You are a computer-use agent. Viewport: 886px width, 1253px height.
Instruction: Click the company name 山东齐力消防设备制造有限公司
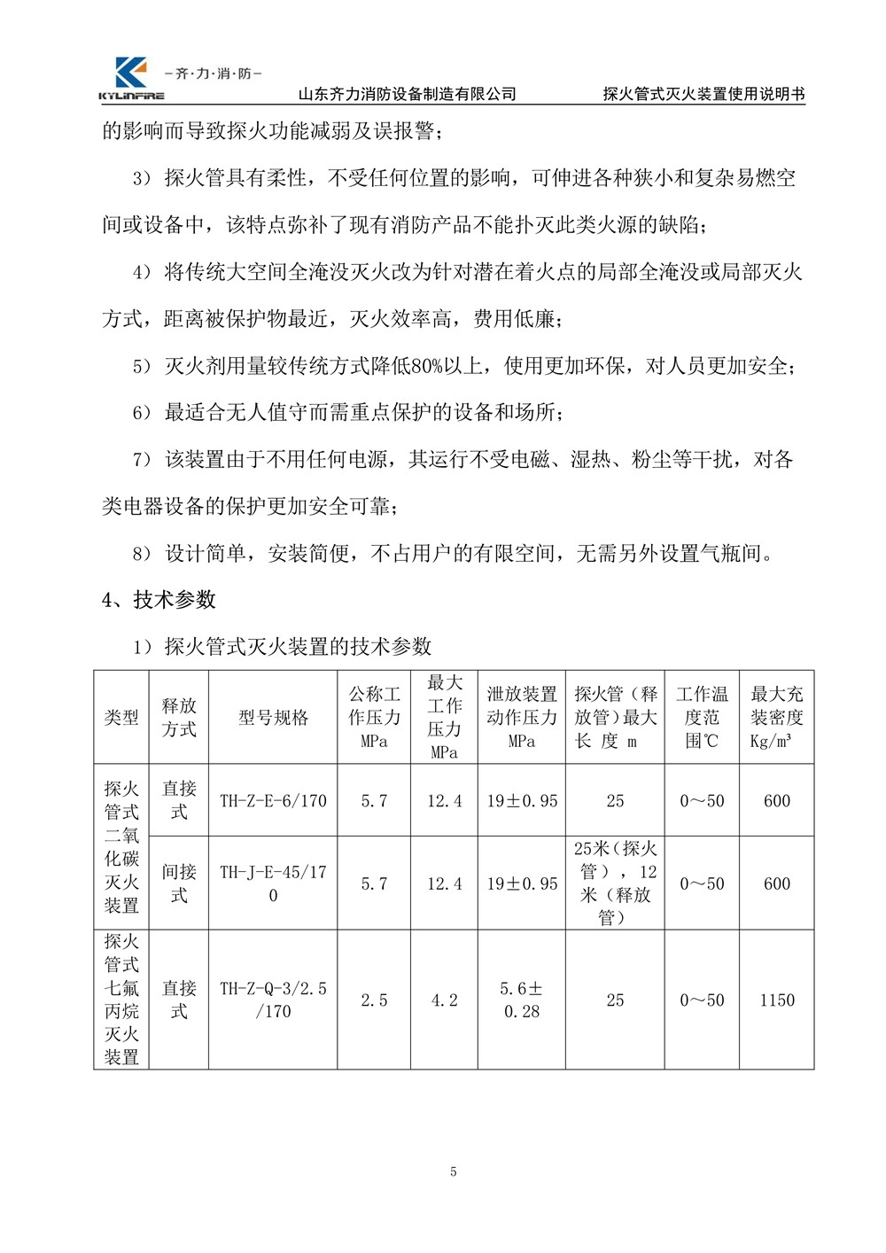coord(407,94)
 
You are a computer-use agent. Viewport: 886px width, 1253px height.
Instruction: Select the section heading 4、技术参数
coord(159,600)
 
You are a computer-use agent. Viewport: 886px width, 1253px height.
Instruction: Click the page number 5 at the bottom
coord(454,1171)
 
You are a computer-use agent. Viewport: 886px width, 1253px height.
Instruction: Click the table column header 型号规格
coord(273,718)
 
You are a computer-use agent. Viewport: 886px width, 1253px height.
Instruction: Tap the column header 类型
coord(121,718)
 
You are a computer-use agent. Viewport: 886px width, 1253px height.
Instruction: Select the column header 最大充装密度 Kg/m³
coord(776,718)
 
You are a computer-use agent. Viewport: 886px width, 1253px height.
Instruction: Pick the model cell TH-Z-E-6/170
coord(273,801)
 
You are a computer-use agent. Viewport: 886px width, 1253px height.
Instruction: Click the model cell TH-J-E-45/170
coord(273,883)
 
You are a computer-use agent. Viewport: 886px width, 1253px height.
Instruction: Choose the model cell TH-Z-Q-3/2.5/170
coord(273,1000)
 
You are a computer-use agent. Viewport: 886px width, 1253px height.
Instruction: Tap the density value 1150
coord(776,1000)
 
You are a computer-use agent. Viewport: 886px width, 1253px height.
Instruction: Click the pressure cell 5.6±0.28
coord(521,1000)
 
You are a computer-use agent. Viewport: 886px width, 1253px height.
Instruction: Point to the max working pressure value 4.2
coord(444,1000)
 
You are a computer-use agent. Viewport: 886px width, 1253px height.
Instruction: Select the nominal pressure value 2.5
coord(374,1000)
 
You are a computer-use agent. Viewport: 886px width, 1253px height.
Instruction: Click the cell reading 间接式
coord(179,883)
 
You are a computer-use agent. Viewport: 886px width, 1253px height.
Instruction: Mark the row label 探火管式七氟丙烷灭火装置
coord(121,999)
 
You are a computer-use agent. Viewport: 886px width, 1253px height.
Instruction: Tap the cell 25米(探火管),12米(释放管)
coord(615,883)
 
